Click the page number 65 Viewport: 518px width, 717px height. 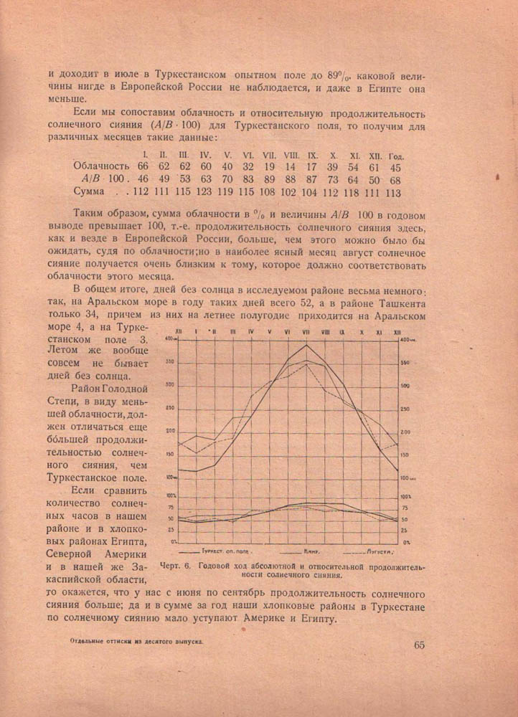[x=419, y=644]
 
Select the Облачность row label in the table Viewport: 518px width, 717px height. [x=101, y=166]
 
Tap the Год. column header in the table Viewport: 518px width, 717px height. [x=396, y=155]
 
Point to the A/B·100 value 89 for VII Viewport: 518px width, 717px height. [x=269, y=179]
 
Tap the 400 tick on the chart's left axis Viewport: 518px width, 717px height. [x=170, y=338]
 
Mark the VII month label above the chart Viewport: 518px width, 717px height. [x=306, y=332]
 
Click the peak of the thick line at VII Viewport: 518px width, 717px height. [x=306, y=345]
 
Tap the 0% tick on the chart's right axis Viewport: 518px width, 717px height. [x=404, y=541]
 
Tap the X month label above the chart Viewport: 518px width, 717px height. [x=362, y=332]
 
